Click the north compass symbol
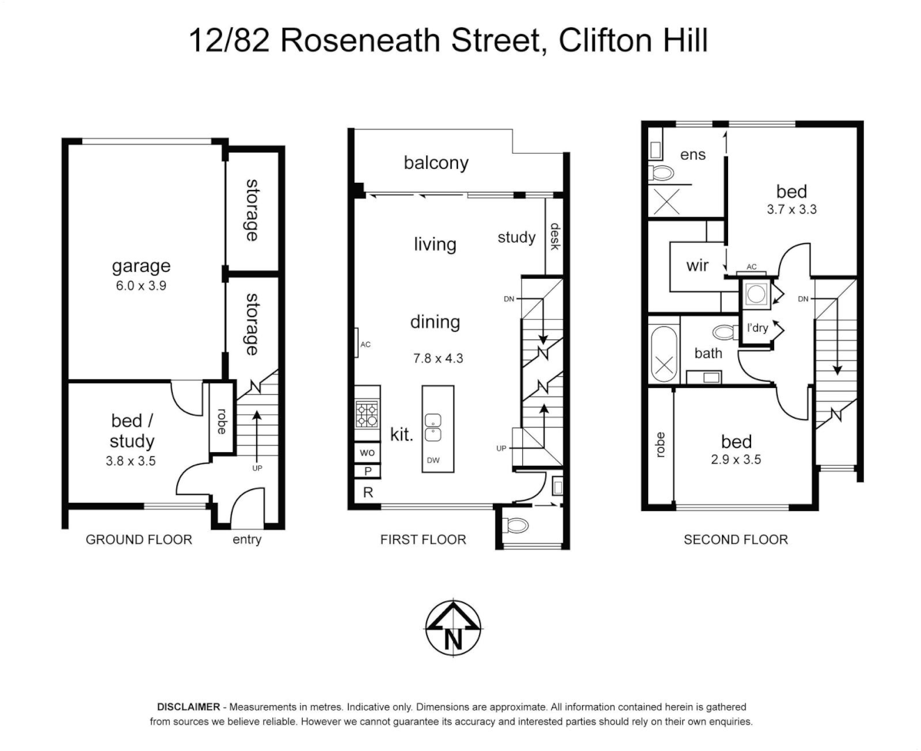point(453,628)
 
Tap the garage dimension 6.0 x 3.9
point(141,286)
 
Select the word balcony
point(436,163)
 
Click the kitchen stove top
point(367,415)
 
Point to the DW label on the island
point(433,460)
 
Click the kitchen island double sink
point(433,428)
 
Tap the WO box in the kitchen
point(367,453)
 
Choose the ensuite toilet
point(661,172)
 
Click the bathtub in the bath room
point(663,354)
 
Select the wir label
point(697,265)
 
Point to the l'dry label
point(757,328)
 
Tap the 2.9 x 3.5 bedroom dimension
point(736,460)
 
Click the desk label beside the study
point(555,236)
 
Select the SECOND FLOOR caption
point(735,540)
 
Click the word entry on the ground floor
point(246,540)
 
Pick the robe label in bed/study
point(221,421)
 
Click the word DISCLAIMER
point(189,707)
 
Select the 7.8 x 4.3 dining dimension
point(438,359)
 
